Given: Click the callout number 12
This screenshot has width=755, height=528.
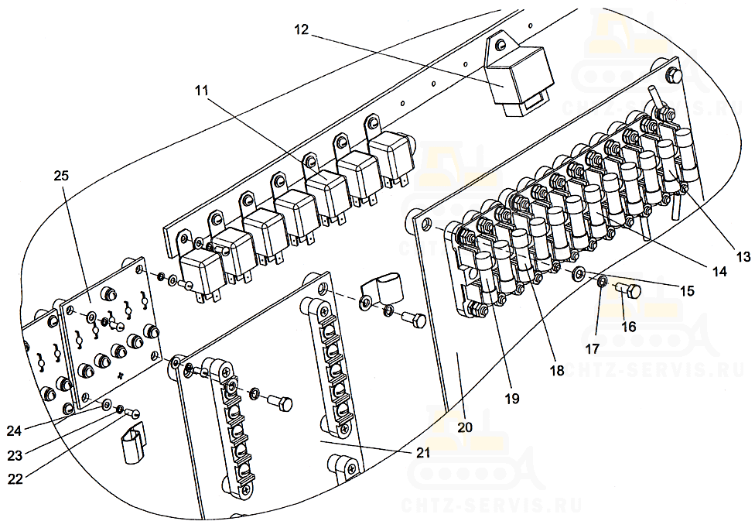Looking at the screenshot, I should point(301,29).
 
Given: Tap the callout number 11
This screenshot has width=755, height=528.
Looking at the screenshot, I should point(201,91).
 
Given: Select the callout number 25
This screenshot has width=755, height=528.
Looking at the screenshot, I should point(61,176).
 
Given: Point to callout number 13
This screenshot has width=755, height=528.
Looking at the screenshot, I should point(743,257).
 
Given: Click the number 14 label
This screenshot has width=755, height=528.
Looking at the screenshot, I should point(719,272).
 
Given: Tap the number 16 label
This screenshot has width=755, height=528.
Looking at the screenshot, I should point(629,327).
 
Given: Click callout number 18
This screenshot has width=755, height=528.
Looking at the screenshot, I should point(556,371).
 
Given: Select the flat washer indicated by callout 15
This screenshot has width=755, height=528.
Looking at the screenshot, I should point(579,273).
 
